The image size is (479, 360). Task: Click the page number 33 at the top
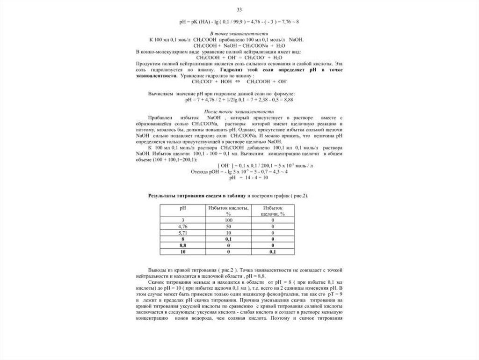[239, 10]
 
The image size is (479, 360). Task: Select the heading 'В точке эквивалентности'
[239, 35]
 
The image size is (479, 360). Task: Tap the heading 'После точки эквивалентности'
[239, 112]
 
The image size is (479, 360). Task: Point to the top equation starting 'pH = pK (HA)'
[239, 22]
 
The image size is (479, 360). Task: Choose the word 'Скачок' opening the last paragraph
[158, 284]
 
